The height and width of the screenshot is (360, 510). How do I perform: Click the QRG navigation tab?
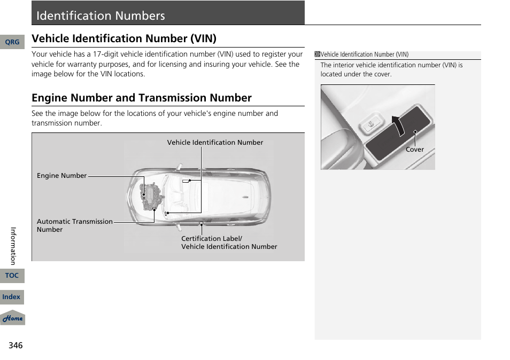tap(12, 42)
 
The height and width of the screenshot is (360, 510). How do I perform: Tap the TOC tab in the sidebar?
tap(12, 276)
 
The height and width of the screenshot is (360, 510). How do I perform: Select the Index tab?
tap(12, 297)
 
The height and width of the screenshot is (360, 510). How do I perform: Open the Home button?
tap(12, 318)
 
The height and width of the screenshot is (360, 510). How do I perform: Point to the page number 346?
tap(16, 346)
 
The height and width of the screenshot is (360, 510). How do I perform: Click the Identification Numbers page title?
tap(101, 16)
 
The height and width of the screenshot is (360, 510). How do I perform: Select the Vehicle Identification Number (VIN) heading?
tap(124, 38)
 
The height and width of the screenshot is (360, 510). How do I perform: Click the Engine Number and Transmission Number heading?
tap(142, 98)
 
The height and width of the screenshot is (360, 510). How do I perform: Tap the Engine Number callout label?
tap(61, 176)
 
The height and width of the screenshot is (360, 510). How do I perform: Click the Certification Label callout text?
tap(212, 239)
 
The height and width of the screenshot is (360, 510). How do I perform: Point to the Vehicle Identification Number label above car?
tap(215, 143)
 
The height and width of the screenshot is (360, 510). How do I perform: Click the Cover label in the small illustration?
tap(414, 150)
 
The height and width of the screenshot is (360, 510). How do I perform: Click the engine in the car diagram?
tap(151, 195)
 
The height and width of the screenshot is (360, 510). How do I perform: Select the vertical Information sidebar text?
tap(14, 246)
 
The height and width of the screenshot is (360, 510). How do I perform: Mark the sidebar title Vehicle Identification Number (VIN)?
tap(365, 54)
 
